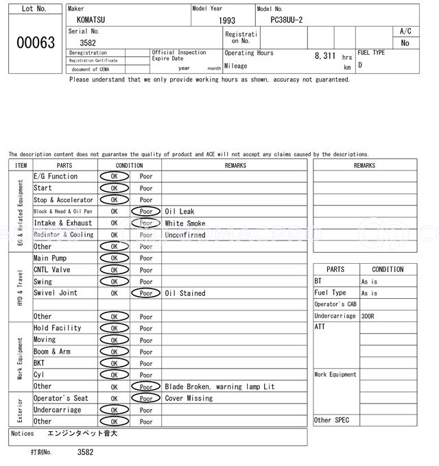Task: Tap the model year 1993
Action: tap(226, 21)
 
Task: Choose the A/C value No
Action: tap(405, 42)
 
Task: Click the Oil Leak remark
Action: tap(180, 212)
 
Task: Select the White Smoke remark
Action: tap(185, 223)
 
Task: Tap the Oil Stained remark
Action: tap(185, 293)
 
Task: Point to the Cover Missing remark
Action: tap(189, 398)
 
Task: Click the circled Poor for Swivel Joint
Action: tap(145, 293)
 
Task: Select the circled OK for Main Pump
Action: tap(114, 258)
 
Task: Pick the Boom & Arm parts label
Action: tap(51, 352)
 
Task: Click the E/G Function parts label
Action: tap(56, 177)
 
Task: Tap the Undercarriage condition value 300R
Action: tap(369, 317)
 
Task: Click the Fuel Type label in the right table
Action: tap(330, 293)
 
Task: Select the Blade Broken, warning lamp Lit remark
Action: tap(219, 387)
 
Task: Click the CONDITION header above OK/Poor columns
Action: tap(129, 165)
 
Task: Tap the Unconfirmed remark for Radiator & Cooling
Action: tap(185, 235)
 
